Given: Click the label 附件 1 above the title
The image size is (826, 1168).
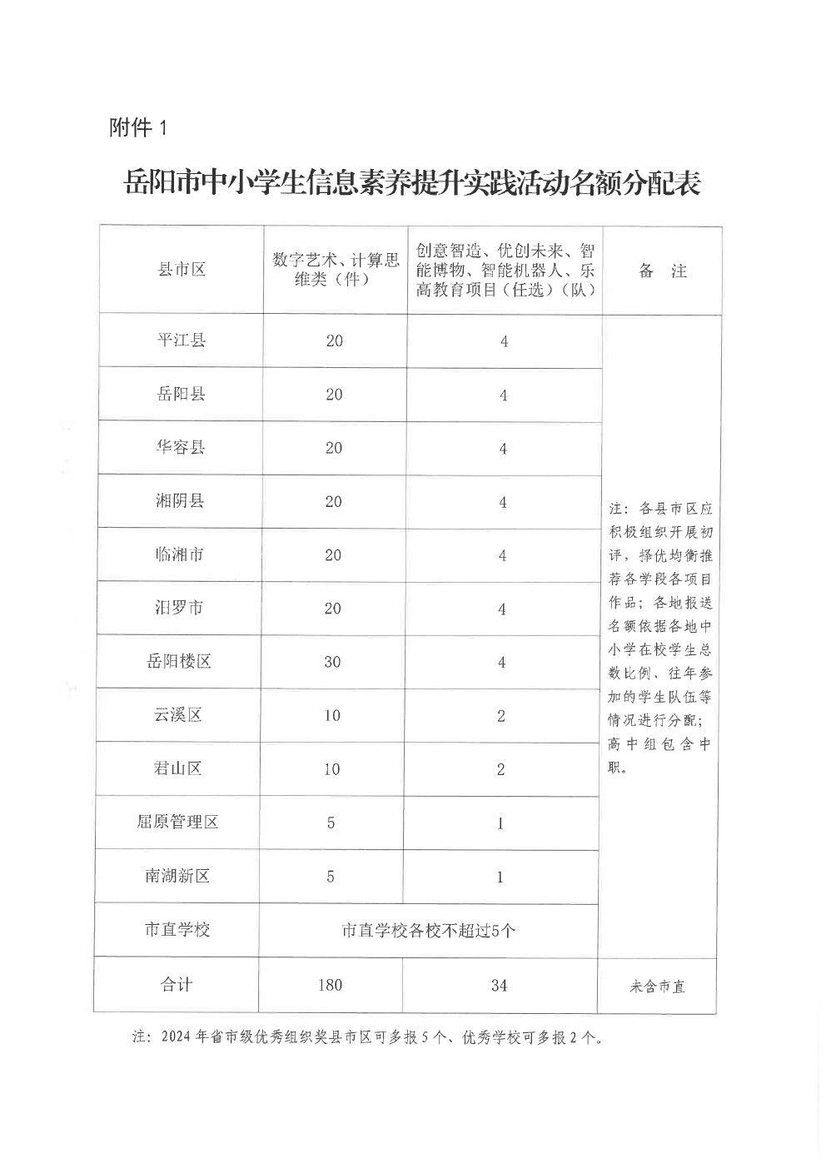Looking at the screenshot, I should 138,127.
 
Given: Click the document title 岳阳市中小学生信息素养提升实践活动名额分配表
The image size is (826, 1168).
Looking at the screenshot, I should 412,183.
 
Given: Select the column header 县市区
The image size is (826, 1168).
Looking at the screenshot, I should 182,270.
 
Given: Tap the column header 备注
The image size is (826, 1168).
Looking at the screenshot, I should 662,271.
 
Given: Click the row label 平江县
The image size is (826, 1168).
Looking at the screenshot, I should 182,340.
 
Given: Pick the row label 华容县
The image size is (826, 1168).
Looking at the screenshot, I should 181,447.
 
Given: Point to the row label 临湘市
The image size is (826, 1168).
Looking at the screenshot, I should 180,554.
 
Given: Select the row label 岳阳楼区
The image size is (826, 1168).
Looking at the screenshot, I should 179,661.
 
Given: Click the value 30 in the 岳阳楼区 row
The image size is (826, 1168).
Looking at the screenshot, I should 332,662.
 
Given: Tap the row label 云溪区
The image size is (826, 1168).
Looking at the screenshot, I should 178,714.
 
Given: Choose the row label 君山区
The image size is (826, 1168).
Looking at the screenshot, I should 178,768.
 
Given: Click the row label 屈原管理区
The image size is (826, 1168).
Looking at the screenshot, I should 177,822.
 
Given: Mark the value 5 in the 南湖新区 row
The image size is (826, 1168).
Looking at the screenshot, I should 331,876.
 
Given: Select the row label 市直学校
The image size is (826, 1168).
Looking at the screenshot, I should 177,929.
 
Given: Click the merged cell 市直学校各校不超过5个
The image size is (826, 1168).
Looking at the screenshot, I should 429,930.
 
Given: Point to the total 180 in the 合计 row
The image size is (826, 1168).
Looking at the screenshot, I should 330,985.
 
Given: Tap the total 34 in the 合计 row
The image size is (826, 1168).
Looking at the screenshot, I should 499,986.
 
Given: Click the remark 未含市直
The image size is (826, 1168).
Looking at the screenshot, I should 658,987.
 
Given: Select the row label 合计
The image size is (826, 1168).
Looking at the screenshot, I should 177,984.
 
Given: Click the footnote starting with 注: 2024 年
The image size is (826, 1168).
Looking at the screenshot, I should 367,1037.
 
